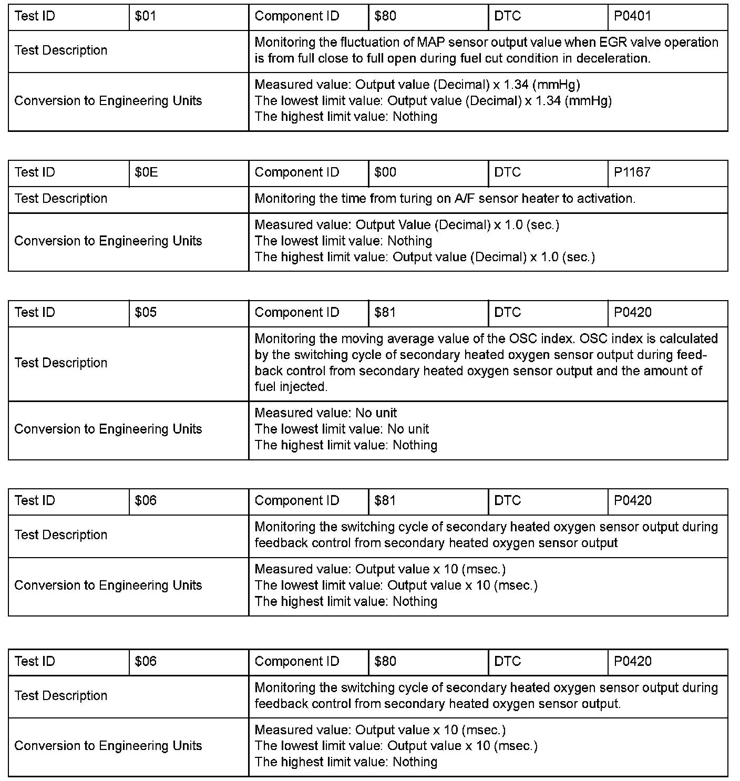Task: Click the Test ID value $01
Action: click(x=146, y=16)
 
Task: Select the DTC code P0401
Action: click(x=632, y=16)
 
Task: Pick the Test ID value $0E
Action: click(x=146, y=172)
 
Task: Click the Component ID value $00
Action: click(x=385, y=172)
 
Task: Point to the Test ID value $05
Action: click(x=146, y=313)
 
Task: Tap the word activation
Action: click(x=606, y=199)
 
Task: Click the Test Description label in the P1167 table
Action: click(x=61, y=199)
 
